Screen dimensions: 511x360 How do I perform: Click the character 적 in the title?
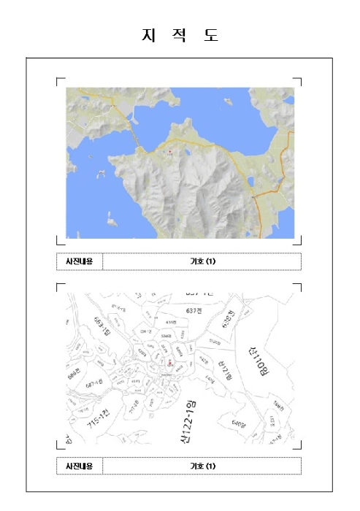tap(180, 35)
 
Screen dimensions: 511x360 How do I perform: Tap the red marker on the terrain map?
tap(169, 152)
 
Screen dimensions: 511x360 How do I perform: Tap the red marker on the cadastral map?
tap(169, 361)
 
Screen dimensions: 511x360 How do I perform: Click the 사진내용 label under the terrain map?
tap(80, 261)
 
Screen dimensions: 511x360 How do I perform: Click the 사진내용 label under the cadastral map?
tap(80, 466)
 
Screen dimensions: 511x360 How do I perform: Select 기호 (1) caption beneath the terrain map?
tap(202, 261)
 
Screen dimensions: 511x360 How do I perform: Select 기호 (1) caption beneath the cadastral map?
tap(202, 466)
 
